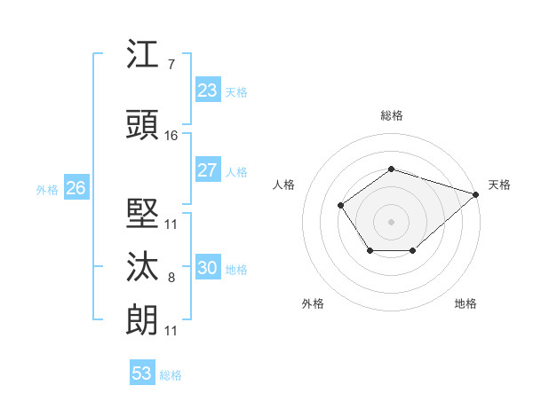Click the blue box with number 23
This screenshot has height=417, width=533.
point(207,90)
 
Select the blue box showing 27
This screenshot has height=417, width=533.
point(207,170)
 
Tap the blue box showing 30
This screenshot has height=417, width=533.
point(207,268)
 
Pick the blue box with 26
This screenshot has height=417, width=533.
point(76,188)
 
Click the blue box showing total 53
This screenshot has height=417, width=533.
point(142,374)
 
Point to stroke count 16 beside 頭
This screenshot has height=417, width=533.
point(171,136)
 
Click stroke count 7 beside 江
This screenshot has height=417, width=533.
point(171,65)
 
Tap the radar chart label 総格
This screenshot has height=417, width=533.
point(391,115)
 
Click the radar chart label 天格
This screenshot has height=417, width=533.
point(500,185)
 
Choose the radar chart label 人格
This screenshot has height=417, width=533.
point(283,185)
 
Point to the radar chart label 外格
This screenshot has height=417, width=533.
point(313,303)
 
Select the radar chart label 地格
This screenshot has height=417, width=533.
point(465,303)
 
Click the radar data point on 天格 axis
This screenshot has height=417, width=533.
point(476,193)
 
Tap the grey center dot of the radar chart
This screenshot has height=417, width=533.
point(391,221)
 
